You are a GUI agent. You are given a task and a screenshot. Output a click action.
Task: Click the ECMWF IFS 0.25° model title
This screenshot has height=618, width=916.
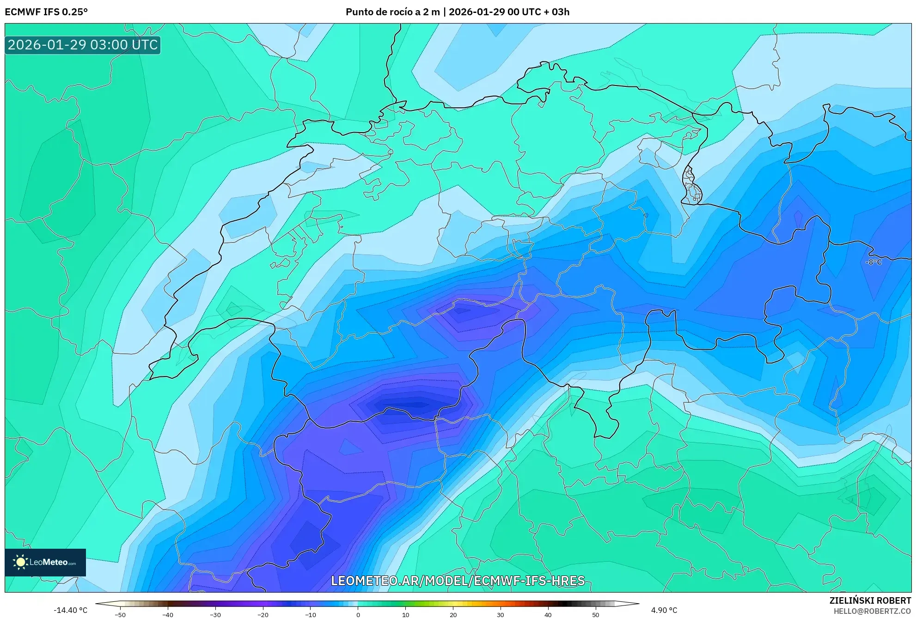pos(46,12)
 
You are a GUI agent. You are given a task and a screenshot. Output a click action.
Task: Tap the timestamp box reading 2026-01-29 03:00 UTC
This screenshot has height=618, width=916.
pos(83,45)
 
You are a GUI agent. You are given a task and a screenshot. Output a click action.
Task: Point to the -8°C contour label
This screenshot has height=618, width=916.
pos(873,262)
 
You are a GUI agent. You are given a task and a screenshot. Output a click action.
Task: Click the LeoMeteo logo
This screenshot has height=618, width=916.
pos(45,562)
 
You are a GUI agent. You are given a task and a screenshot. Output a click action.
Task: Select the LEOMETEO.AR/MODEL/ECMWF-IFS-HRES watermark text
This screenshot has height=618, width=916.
pos(458,581)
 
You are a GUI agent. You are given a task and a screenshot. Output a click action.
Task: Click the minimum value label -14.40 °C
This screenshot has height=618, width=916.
pos(70,610)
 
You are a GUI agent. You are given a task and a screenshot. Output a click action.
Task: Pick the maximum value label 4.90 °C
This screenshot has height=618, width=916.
pos(664,610)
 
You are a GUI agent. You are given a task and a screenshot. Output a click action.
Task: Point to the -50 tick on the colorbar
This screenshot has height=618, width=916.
pos(120,615)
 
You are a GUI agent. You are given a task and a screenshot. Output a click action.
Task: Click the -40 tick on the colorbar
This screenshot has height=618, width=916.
pos(168,615)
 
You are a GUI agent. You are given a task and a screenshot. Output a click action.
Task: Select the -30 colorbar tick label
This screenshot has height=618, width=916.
pos(215,615)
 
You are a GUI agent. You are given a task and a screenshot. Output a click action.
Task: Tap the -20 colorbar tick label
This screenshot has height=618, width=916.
pos(263,615)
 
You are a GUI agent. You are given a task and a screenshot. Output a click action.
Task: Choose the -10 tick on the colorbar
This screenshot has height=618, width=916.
pos(311,615)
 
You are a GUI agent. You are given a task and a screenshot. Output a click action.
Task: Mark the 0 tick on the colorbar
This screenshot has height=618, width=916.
pos(358,615)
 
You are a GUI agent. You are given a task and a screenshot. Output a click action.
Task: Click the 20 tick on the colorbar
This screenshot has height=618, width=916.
pos(453,615)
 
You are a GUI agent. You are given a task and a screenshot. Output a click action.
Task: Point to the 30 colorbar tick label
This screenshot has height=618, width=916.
pos(501,615)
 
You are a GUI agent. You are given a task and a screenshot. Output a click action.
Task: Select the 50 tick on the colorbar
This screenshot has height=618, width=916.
pos(596,615)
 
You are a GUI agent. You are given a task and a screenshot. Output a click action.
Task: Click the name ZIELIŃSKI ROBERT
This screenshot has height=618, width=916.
pos(870,600)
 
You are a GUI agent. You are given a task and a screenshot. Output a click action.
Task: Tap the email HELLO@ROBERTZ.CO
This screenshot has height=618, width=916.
pos(872,611)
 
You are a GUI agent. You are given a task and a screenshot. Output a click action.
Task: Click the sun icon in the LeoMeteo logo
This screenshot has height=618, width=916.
pos(20,562)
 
